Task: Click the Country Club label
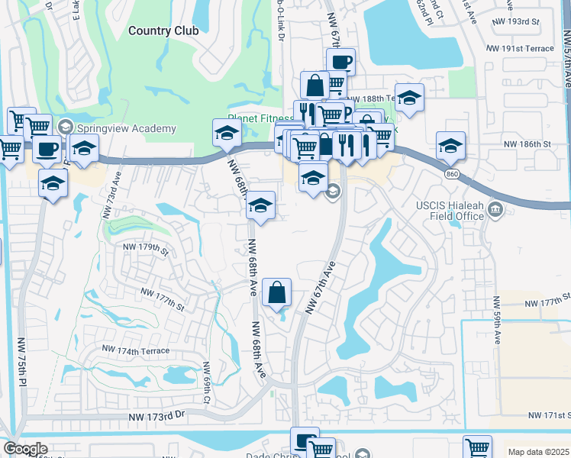tap(163, 31)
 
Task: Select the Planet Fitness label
tap(260, 119)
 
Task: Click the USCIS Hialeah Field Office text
tap(450, 211)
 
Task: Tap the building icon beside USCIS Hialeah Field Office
tap(495, 209)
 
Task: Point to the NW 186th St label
tap(525, 144)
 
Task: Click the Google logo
tap(25, 449)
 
